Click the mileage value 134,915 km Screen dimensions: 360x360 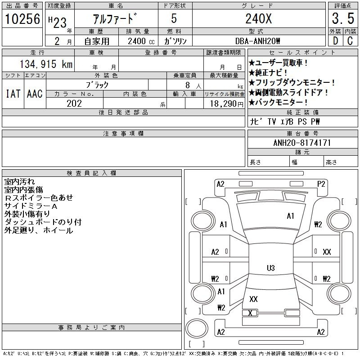[47, 64]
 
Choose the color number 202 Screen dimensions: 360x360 [74, 103]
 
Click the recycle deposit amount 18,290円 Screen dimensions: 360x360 [224, 103]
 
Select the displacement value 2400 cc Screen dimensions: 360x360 [141, 41]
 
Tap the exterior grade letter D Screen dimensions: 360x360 [334, 41]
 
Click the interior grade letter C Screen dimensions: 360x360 [350, 41]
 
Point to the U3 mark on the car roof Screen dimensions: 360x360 [270, 268]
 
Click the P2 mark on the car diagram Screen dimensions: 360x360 [321, 184]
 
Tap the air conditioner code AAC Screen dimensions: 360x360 [35, 94]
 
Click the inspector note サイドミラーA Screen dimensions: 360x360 [31, 206]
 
